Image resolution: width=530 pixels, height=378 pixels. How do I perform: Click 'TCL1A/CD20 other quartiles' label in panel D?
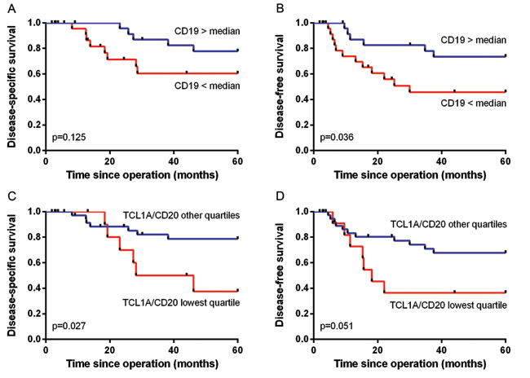(x=447, y=223)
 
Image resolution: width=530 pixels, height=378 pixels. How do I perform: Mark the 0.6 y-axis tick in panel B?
(x=301, y=74)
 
